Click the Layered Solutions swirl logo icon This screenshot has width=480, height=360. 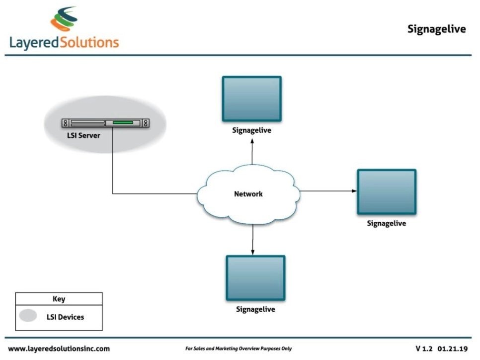[64, 19]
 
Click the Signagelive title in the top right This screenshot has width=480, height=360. [436, 29]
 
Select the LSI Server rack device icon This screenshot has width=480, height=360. [105, 122]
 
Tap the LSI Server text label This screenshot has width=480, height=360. [83, 135]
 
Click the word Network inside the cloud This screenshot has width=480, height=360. [248, 194]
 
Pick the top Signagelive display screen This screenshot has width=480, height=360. [251, 98]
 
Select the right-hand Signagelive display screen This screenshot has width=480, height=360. [386, 192]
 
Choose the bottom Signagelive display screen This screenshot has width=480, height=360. [255, 278]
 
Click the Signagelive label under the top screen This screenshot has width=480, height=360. [251, 131]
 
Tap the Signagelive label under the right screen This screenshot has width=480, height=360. [386, 224]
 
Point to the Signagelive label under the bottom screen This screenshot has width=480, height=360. [255, 309]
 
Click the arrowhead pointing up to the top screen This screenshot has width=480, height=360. [252, 142]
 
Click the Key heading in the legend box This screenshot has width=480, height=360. [59, 299]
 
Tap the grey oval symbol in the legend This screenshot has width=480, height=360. [28, 316]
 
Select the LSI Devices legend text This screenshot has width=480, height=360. [65, 317]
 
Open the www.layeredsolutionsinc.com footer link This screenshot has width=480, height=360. [59, 349]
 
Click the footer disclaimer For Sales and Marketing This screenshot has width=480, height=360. [239, 349]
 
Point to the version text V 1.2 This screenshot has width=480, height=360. [424, 349]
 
